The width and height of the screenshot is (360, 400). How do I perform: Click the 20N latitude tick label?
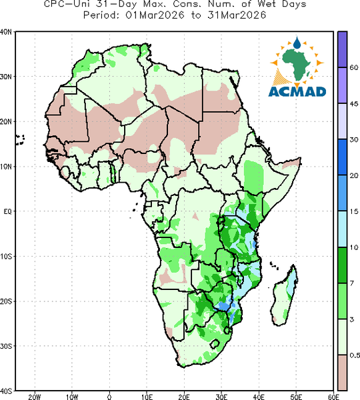5,122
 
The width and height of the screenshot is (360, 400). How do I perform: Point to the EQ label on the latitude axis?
7,211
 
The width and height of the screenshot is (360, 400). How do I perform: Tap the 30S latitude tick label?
5,346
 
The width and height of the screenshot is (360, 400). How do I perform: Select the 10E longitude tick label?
147,397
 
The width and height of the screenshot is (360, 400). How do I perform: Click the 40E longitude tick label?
259,397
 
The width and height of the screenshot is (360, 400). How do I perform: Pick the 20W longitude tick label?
35,397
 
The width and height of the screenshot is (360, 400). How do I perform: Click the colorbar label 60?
354,67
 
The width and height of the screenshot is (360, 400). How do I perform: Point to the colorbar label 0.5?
355,355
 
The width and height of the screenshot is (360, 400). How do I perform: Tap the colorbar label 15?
354,211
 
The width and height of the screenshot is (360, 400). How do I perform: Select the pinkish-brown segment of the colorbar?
343,373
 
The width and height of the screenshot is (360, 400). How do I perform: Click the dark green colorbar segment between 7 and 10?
343,265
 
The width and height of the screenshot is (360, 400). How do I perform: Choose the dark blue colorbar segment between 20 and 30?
343,157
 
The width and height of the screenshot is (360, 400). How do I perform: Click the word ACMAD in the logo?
297,92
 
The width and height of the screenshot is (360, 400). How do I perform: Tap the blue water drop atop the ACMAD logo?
297,43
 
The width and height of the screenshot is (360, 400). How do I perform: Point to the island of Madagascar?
285,296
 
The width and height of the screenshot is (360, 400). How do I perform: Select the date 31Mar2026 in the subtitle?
237,15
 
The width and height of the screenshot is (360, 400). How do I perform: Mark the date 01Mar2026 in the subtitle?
155,15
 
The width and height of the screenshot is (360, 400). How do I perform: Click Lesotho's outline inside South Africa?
215,344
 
